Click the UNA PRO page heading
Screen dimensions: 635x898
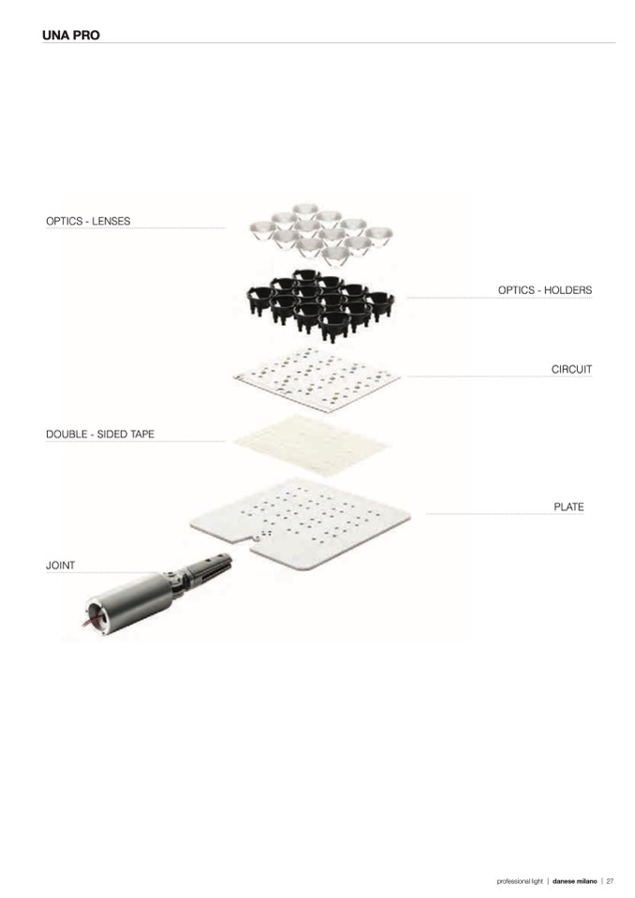71,35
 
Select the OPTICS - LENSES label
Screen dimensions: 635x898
88,221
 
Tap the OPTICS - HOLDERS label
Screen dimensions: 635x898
544,290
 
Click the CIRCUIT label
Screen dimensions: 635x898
571,369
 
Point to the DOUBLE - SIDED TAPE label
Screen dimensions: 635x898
100,434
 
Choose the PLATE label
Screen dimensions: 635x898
569,507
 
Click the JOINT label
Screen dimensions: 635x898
60,566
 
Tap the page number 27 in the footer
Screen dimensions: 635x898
610,881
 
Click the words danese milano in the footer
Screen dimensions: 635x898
574,881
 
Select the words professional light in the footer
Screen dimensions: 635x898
520,881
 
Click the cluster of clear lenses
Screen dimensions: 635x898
320,234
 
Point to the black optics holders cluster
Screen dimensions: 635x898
320,304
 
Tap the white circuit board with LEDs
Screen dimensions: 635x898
317,378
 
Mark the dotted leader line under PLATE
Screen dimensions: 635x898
506,514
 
